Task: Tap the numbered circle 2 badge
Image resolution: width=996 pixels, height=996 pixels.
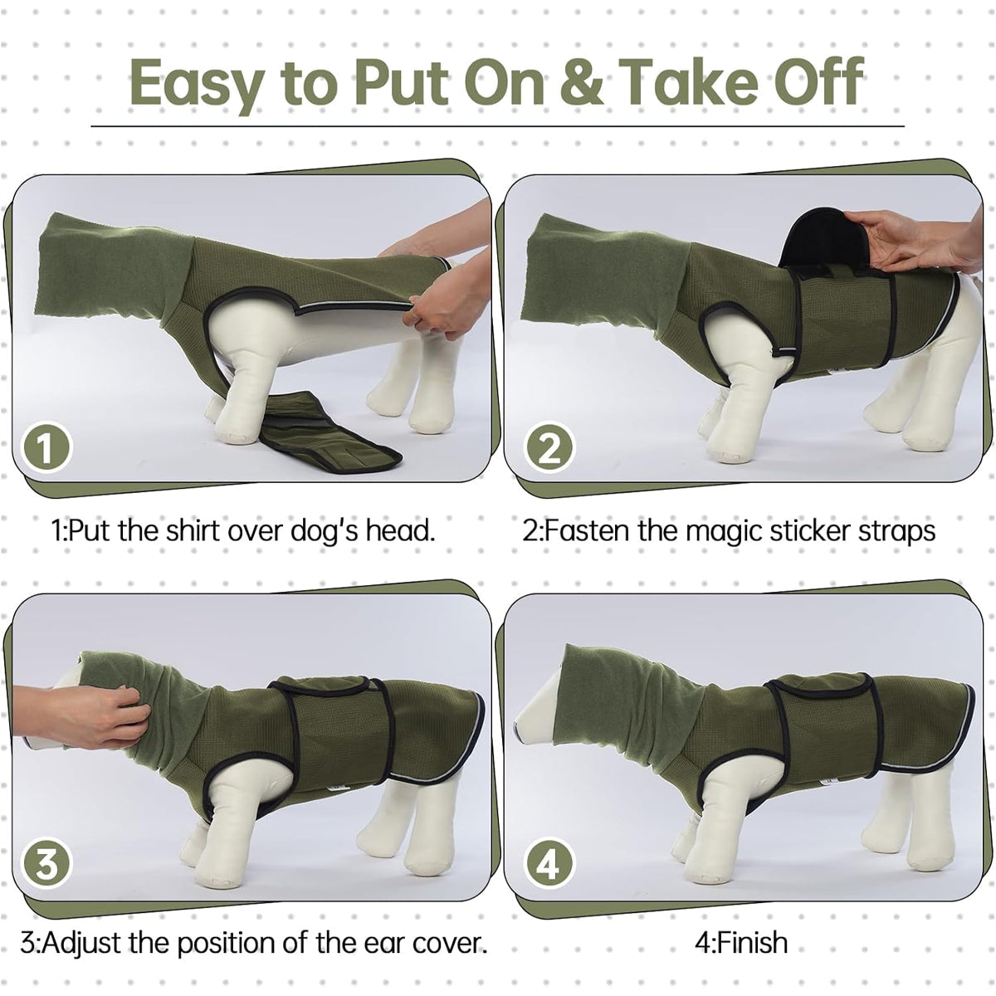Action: click(549, 449)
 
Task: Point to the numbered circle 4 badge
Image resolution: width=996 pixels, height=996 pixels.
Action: click(549, 864)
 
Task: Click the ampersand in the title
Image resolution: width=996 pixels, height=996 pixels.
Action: click(583, 84)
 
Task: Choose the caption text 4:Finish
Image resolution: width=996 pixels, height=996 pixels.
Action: click(741, 943)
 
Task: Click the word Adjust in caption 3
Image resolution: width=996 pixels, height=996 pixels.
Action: click(92, 944)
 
